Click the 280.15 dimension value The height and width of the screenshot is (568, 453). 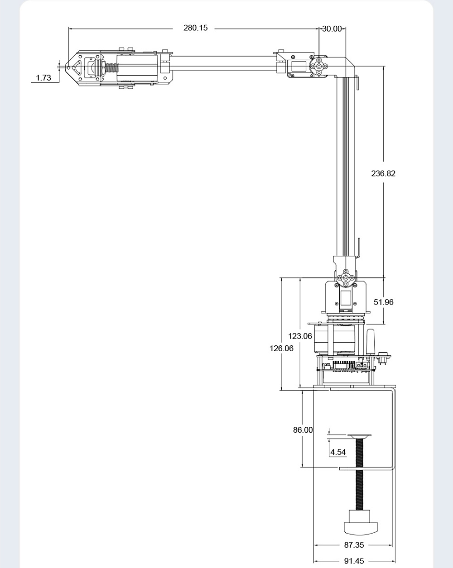point(195,28)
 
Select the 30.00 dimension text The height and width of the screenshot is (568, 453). point(332,29)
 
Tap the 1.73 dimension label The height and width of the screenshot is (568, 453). point(43,78)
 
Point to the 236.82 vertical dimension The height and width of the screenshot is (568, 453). point(383,173)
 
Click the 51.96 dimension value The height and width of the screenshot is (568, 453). point(384,302)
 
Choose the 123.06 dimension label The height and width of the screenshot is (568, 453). point(300,336)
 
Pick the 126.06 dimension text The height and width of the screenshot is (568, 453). point(281,348)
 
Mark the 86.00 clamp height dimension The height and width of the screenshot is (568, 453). point(303,430)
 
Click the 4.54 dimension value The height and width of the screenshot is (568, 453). point(338,452)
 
